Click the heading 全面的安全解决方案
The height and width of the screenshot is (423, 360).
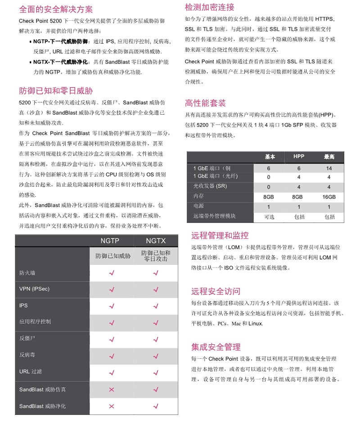point(56,9)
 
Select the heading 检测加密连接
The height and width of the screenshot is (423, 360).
point(210,8)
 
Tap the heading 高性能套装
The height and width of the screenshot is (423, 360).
point(206,103)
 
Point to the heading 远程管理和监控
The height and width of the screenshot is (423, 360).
point(220,236)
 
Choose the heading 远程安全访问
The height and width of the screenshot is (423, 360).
point(216,291)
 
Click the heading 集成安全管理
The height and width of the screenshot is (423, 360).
point(216,347)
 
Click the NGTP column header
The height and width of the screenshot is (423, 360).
point(110,241)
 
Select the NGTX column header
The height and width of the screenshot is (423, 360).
point(156,241)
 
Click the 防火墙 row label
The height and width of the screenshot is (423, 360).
point(27,273)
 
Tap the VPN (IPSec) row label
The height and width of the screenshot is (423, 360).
point(34,289)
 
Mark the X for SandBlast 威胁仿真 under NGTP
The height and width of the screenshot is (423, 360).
point(112,389)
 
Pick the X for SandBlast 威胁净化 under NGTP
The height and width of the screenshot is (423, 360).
point(112,406)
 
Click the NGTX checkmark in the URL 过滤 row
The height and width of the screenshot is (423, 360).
point(156,372)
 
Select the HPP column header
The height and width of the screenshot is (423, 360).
point(299,156)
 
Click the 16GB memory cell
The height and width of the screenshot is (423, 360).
point(328,197)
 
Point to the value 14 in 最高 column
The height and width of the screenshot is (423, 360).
point(329,169)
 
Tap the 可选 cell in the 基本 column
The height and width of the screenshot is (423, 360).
point(269,217)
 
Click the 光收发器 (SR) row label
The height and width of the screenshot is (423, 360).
point(210,186)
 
